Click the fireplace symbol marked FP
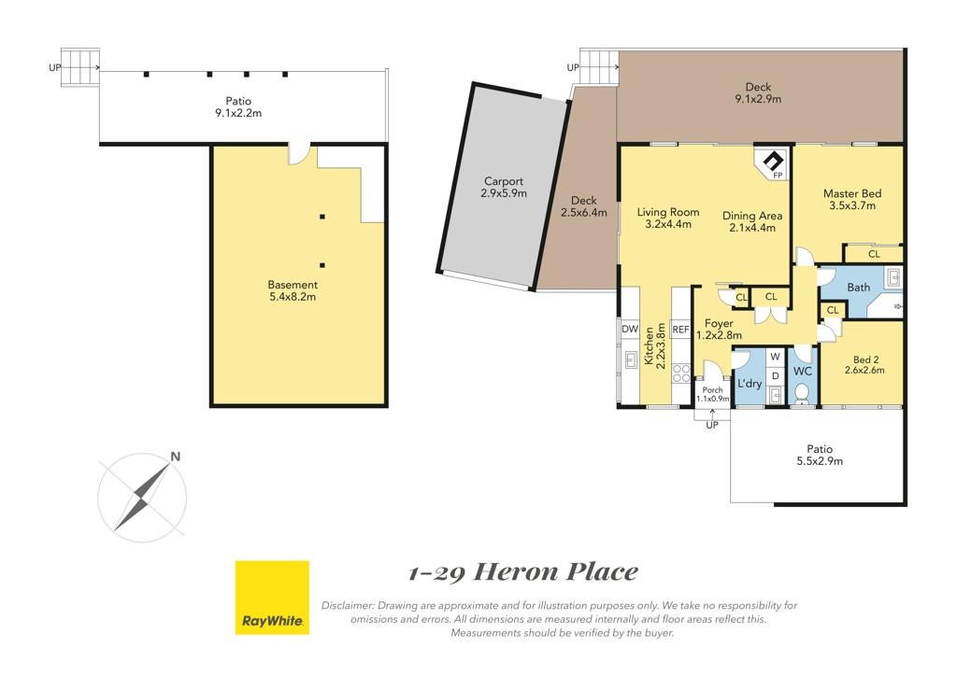click(x=773, y=162)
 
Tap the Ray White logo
click(x=272, y=598)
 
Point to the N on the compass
click(x=176, y=457)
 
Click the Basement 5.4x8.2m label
click(x=293, y=290)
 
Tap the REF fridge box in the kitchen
click(x=680, y=330)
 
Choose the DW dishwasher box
click(x=629, y=330)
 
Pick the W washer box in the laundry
click(x=775, y=357)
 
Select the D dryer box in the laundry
click(x=775, y=376)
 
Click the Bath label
click(x=859, y=287)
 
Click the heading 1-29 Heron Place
click(x=523, y=573)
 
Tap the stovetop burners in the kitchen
click(x=680, y=374)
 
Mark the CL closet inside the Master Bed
click(x=873, y=254)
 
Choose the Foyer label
click(x=719, y=324)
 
